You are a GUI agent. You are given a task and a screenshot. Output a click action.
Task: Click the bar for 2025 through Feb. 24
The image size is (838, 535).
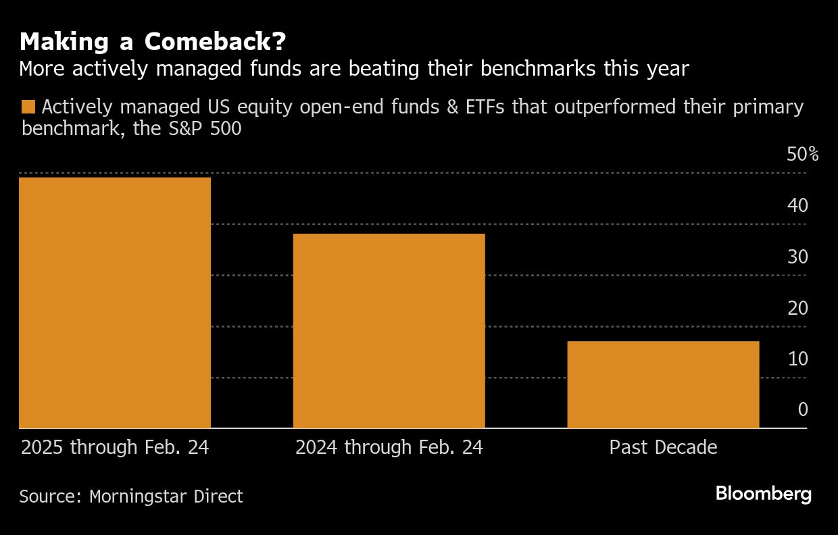pos(115,302)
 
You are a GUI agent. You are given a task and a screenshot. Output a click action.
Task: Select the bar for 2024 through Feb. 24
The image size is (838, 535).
pos(389,331)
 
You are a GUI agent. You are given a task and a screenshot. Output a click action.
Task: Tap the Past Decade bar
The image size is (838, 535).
pos(663,384)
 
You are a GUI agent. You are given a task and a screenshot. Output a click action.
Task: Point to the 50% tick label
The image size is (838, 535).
pos(802,155)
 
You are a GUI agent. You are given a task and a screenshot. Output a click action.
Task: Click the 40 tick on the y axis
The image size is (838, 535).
pos(797,205)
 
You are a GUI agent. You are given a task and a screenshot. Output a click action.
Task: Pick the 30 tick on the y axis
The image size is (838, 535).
pos(797,257)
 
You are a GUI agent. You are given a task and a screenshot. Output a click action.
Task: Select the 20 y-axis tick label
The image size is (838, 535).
pos(797,308)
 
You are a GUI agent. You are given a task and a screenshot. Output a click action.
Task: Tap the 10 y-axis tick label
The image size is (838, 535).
pos(797,359)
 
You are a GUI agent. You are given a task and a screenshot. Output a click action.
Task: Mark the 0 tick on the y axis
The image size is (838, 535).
pos(802,409)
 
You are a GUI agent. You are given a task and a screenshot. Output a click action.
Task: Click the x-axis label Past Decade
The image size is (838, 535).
pos(663,447)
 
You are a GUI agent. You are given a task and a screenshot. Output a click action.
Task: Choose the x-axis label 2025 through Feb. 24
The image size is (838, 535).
pos(115,447)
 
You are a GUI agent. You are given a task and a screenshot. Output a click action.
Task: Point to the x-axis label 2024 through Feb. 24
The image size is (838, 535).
pos(389,447)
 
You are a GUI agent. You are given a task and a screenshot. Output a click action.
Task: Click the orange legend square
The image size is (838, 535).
pos(28,107)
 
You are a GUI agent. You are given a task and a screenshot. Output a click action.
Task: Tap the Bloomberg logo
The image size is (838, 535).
pos(764,494)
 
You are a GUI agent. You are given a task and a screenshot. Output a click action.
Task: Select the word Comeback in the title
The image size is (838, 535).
pos(210,43)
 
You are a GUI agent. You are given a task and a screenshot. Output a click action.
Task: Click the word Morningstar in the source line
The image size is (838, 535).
pos(132,496)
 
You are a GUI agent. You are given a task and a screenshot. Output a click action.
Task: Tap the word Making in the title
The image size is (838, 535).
pos(55,43)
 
